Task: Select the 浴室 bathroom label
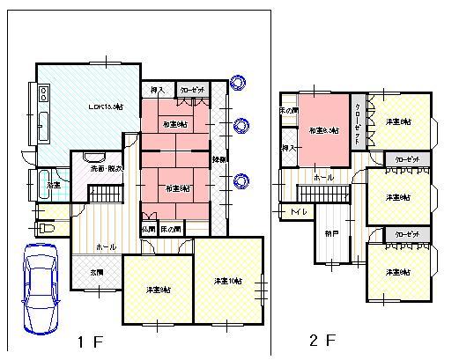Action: point(54,185)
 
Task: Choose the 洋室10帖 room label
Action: point(227,282)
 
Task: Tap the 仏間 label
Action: point(149,229)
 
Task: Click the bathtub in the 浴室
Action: point(41,186)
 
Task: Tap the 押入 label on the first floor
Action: point(158,90)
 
